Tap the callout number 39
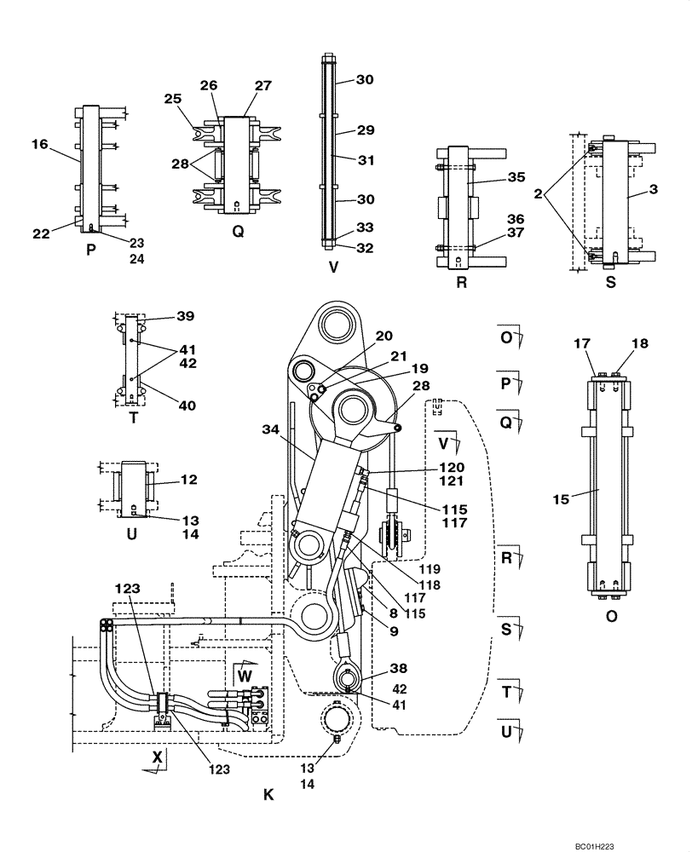[186, 316]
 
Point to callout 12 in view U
[188, 480]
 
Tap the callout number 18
[639, 343]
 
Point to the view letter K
[268, 795]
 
